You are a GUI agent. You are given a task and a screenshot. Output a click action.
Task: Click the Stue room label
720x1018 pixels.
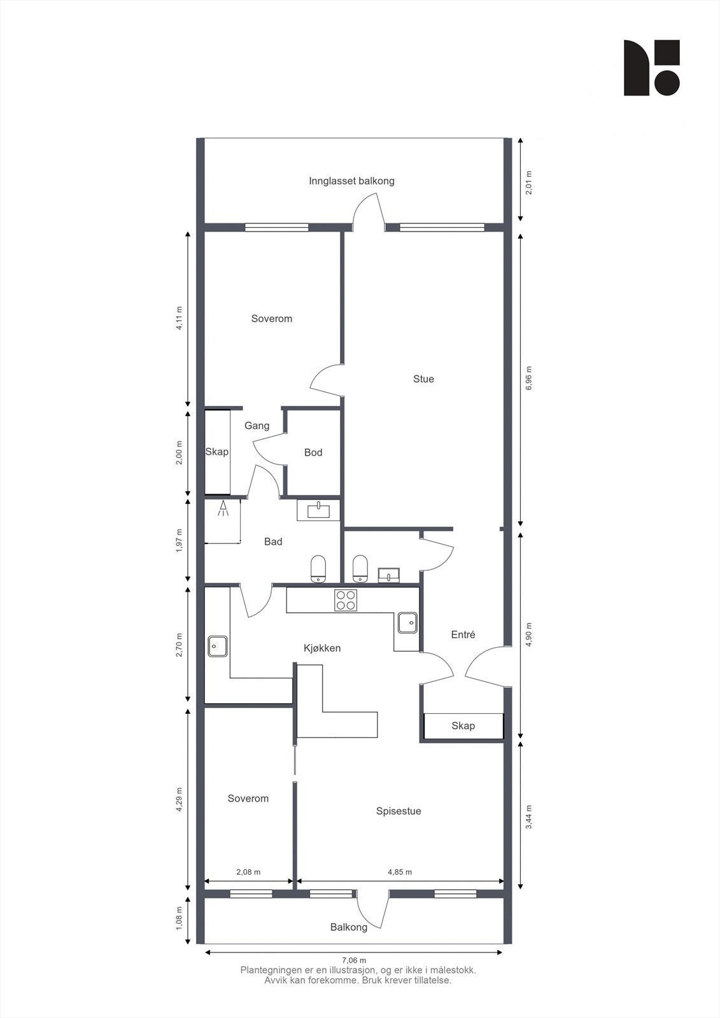423,379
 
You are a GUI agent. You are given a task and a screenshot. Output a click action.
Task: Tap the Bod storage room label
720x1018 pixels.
313,452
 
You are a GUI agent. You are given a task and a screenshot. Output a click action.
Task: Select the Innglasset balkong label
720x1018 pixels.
351,181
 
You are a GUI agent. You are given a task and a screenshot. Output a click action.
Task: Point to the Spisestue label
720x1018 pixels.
399,811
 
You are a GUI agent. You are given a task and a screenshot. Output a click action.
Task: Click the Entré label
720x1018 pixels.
463,634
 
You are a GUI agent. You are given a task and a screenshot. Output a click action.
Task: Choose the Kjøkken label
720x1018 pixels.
322,648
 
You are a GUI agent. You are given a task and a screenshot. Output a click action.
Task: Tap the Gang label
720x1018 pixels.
257,426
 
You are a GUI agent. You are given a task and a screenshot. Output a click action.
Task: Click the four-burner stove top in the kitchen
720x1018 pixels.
346,600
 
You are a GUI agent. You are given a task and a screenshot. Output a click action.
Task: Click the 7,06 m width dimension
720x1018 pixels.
354,961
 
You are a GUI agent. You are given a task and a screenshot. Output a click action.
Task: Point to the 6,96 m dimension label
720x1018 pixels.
529,379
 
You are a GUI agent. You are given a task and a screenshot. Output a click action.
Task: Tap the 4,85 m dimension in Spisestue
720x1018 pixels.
400,872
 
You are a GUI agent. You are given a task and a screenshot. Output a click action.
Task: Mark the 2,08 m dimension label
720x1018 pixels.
248,872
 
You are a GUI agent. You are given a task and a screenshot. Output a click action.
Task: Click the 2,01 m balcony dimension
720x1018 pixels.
529,183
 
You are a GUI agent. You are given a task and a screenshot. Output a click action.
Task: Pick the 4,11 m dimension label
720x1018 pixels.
180,318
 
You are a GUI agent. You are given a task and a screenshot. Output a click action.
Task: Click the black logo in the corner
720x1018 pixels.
651,68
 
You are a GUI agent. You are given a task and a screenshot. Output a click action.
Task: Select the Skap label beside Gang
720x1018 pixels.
216,452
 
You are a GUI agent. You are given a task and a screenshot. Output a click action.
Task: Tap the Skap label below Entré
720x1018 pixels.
463,726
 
